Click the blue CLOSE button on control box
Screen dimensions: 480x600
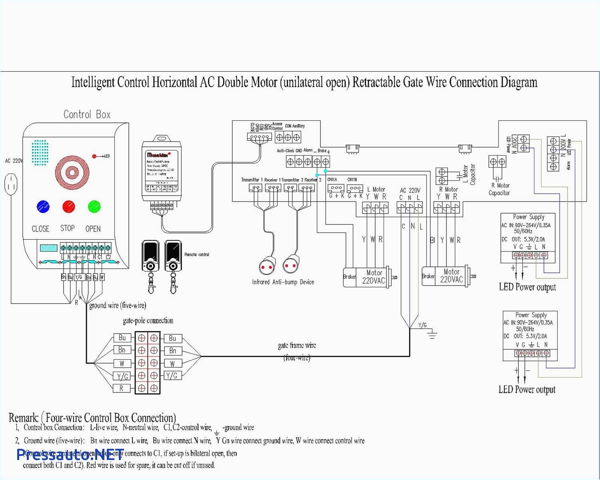point(43,207)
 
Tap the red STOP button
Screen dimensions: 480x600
point(69,207)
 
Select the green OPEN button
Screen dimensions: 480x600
point(94,207)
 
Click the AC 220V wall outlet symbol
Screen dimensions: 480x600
point(11,184)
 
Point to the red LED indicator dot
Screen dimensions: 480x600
point(94,156)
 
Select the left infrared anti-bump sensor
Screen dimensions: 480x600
point(267,266)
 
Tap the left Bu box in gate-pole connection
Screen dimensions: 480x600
point(122,338)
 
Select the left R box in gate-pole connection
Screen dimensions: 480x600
point(122,388)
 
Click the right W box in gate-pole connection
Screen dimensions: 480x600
point(172,363)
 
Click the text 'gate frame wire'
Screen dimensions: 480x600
point(297,345)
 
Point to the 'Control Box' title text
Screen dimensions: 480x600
point(87,114)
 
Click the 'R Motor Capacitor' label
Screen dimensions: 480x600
point(499,189)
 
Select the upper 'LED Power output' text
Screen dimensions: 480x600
point(527,287)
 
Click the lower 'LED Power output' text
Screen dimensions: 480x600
point(527,390)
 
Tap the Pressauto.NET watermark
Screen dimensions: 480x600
point(70,454)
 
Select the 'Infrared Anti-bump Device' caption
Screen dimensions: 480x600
point(283,282)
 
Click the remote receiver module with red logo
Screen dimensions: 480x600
point(162,170)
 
